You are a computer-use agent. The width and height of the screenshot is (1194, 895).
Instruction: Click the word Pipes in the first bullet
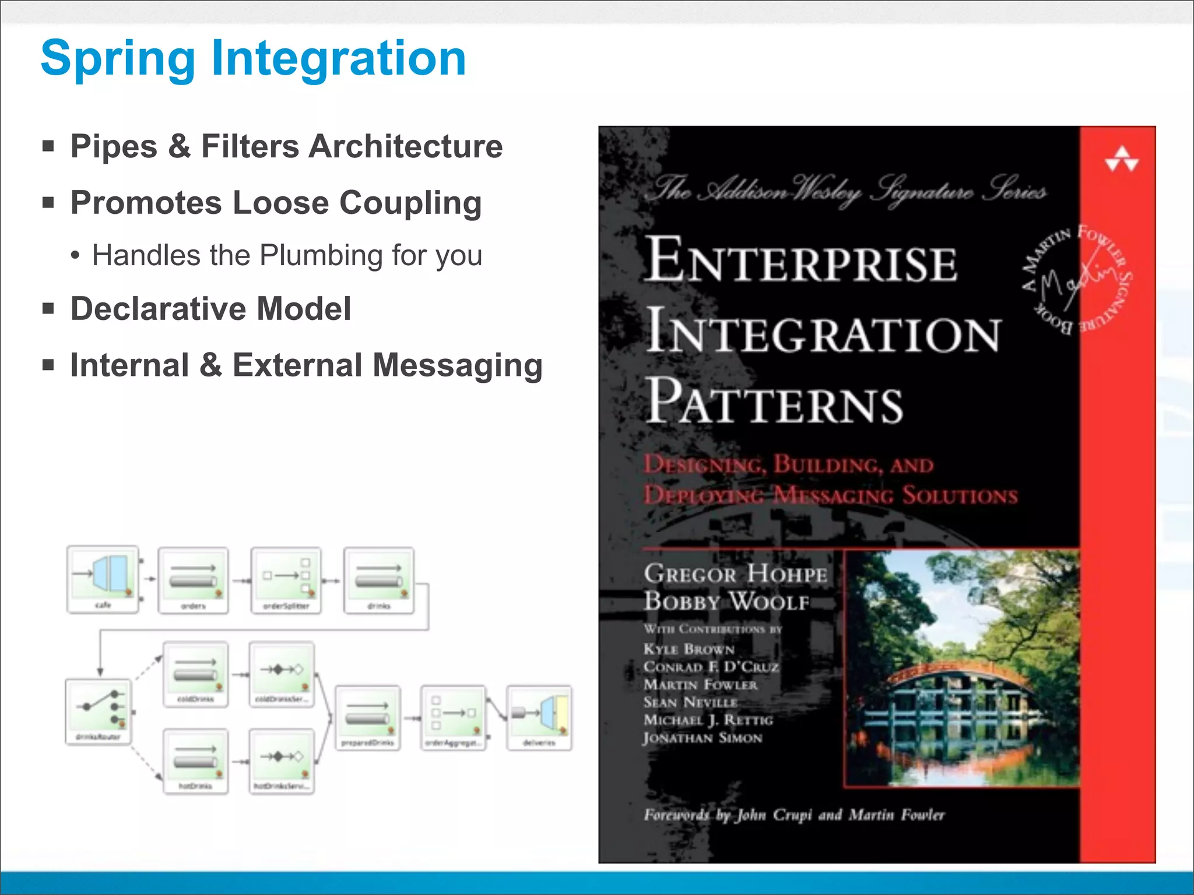[x=114, y=146]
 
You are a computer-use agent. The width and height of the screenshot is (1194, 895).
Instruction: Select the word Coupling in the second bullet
[x=410, y=203]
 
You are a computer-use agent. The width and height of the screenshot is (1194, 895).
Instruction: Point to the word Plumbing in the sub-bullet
[x=321, y=255]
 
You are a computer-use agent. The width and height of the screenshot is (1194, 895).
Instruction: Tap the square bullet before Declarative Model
[x=48, y=308]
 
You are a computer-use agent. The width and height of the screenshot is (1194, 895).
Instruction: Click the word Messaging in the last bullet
[x=457, y=365]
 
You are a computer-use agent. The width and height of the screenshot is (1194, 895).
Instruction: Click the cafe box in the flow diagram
[x=103, y=579]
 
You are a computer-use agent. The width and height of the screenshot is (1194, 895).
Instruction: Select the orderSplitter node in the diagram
[x=286, y=580]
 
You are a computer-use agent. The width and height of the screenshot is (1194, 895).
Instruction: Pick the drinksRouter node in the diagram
[x=98, y=711]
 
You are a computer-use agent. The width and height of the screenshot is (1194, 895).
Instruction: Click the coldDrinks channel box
[x=195, y=674]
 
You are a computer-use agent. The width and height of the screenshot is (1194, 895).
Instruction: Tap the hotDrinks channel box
[x=195, y=760]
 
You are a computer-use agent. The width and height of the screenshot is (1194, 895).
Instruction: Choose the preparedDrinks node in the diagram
[x=367, y=717]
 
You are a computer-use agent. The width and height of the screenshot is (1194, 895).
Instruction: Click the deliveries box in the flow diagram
[x=539, y=717]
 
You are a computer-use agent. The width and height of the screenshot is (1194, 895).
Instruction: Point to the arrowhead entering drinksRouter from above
[x=100, y=672]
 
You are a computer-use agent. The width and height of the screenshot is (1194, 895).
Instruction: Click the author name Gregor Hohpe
[x=735, y=573]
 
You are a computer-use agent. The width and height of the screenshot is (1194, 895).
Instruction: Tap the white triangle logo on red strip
[x=1121, y=159]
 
